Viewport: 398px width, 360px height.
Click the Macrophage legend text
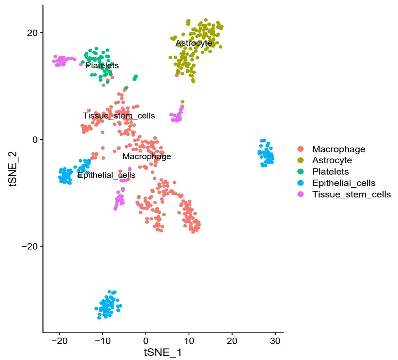(338, 149)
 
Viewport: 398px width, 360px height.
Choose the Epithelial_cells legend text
(344, 183)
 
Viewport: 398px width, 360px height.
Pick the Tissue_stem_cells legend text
(351, 195)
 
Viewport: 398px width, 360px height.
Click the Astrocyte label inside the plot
(194, 43)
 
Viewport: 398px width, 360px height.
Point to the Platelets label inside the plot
(102, 65)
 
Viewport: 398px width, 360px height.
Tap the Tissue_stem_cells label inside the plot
(119, 116)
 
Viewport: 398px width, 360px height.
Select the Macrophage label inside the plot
(147, 156)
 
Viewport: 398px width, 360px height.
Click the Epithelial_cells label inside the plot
(106, 175)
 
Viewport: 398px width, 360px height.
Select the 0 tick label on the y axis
(34, 140)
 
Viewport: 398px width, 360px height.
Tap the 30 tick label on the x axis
(275, 342)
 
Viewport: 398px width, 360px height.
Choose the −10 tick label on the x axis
(101, 342)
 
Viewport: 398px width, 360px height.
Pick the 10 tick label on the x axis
(189, 342)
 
